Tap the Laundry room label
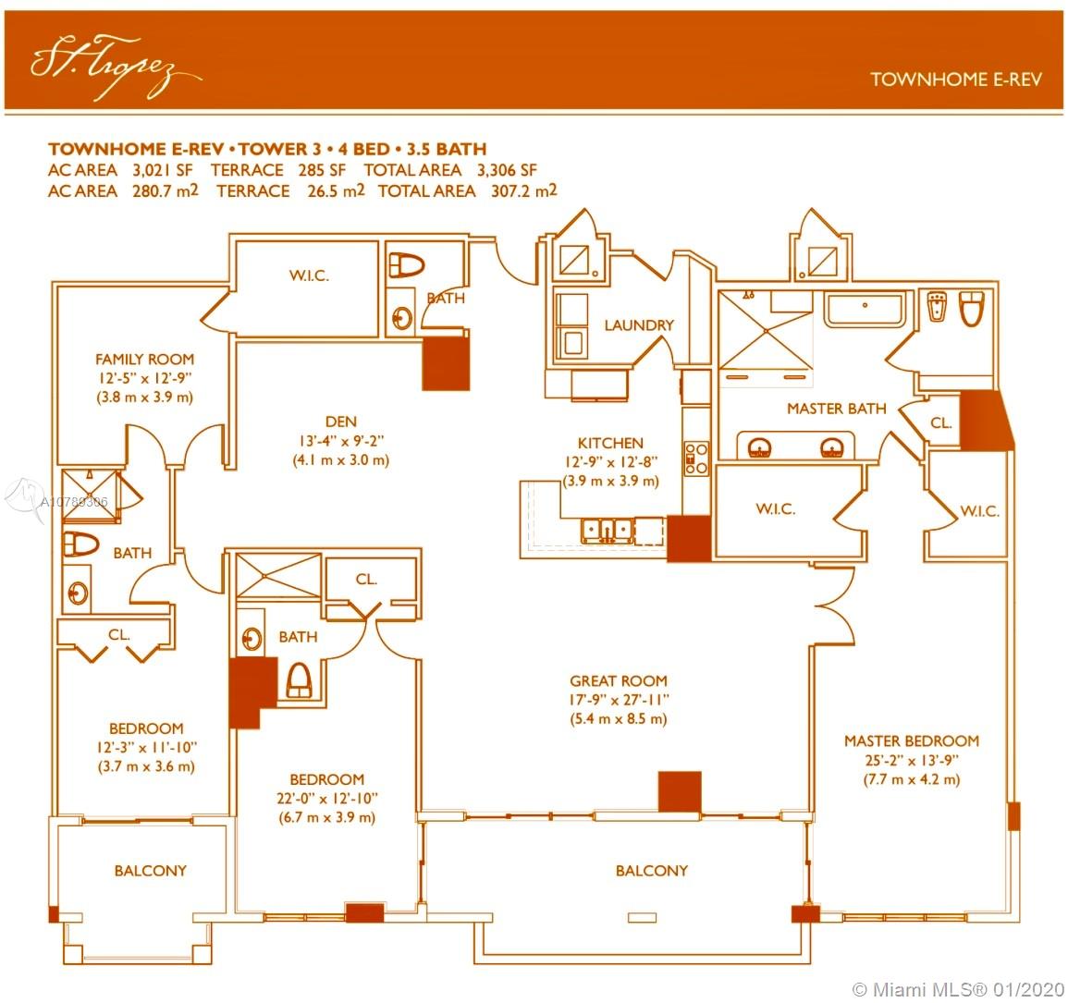pyautogui.click(x=639, y=325)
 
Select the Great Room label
pyautogui.click(x=619, y=681)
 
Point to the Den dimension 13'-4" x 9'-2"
pyautogui.click(x=340, y=441)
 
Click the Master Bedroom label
pyautogui.click(x=912, y=740)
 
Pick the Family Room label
pyautogui.click(x=144, y=359)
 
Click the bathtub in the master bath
pyautogui.click(x=865, y=310)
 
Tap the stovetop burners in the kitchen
pyautogui.click(x=696, y=459)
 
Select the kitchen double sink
pyautogui.click(x=607, y=530)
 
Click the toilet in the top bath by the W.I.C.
pyautogui.click(x=406, y=265)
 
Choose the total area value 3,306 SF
pyautogui.click(x=507, y=170)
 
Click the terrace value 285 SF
pyautogui.click(x=322, y=170)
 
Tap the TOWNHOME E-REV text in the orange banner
pyautogui.click(x=956, y=80)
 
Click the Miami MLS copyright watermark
pyautogui.click(x=958, y=989)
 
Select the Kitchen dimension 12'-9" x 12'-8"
pyautogui.click(x=611, y=461)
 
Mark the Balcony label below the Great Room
pyautogui.click(x=652, y=870)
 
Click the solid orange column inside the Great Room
pyautogui.click(x=679, y=791)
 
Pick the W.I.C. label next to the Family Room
pyautogui.click(x=309, y=275)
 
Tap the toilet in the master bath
pyautogui.click(x=972, y=308)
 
